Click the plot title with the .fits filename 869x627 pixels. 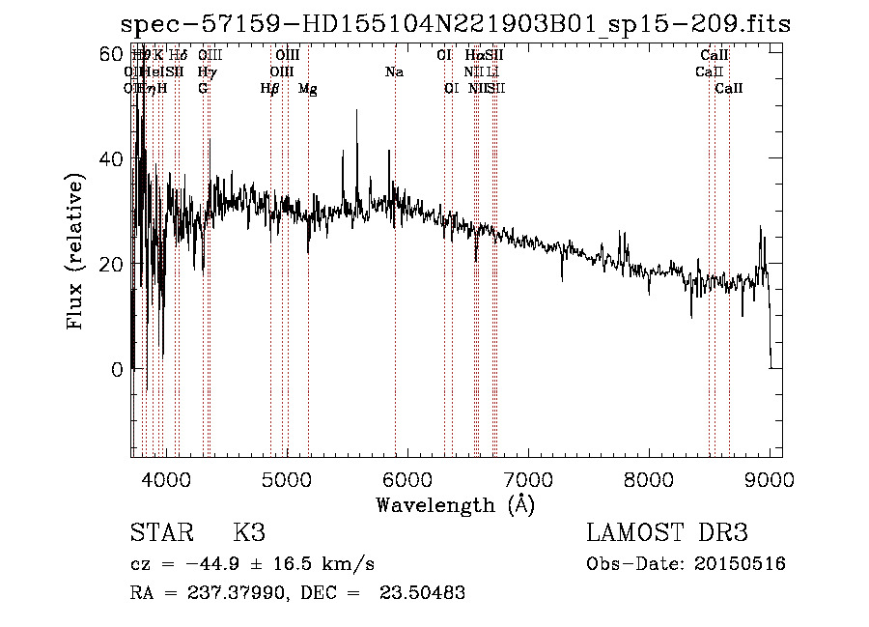point(455,25)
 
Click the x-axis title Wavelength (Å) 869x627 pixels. point(455,504)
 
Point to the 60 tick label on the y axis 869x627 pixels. point(113,54)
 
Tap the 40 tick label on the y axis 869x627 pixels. point(113,159)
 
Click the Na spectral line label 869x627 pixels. point(394,72)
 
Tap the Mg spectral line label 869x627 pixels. point(308,89)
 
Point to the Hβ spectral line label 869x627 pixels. point(269,89)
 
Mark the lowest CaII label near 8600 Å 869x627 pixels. point(729,89)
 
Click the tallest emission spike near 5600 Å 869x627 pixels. point(357,111)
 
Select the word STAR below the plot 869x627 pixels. point(162,533)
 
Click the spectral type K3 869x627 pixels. point(249,533)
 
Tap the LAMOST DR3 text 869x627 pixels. point(667,533)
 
